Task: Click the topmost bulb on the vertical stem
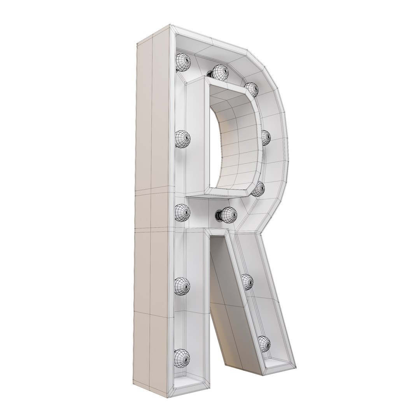[182, 62]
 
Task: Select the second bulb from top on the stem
[182, 138]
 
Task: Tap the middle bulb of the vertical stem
[182, 212]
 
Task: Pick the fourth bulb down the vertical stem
[182, 286]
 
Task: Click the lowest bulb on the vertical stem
[182, 356]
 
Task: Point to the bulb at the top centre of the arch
[219, 72]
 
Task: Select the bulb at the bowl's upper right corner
[252, 89]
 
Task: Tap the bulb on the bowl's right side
[266, 137]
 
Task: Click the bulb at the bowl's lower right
[258, 189]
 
